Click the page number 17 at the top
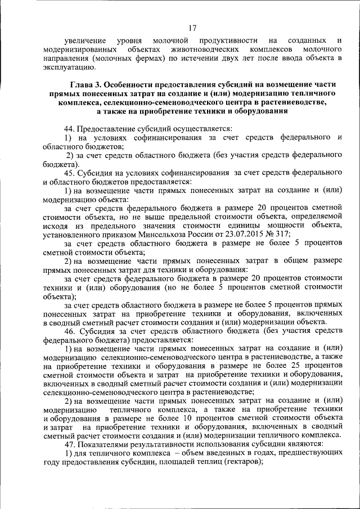coord(192,27)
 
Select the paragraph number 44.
coord(69,129)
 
